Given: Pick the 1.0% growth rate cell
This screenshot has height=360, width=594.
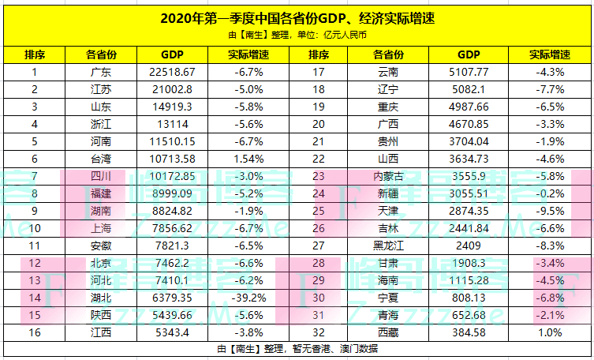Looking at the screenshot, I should tap(551, 332).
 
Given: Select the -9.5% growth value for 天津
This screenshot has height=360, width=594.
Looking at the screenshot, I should tap(551, 211).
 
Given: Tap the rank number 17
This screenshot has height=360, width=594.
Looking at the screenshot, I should tap(319, 72).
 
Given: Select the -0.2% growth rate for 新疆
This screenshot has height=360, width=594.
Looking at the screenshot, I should tap(551, 193).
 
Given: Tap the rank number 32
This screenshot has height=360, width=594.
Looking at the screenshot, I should tap(319, 332).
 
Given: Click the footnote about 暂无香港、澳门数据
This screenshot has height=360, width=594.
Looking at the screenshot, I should tap(297, 348).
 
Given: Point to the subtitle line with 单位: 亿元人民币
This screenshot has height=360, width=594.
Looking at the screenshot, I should tap(297, 35).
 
